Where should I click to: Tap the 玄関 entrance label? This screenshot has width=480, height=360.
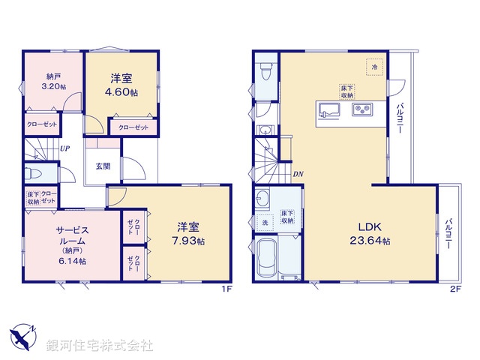pyautogui.click(x=103, y=167)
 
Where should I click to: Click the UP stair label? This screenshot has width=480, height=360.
pyautogui.click(x=65, y=148)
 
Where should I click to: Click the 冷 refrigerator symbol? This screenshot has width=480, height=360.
pyautogui.click(x=375, y=67)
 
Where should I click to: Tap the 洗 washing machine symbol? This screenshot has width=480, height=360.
pyautogui.click(x=265, y=223)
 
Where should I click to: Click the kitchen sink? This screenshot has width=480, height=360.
pyautogui.click(x=328, y=111)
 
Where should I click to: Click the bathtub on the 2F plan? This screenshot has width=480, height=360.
pyautogui.click(x=268, y=259)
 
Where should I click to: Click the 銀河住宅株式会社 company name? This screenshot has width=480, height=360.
pyautogui.click(x=100, y=345)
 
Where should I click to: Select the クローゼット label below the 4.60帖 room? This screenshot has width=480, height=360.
pyautogui.click(x=133, y=128)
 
